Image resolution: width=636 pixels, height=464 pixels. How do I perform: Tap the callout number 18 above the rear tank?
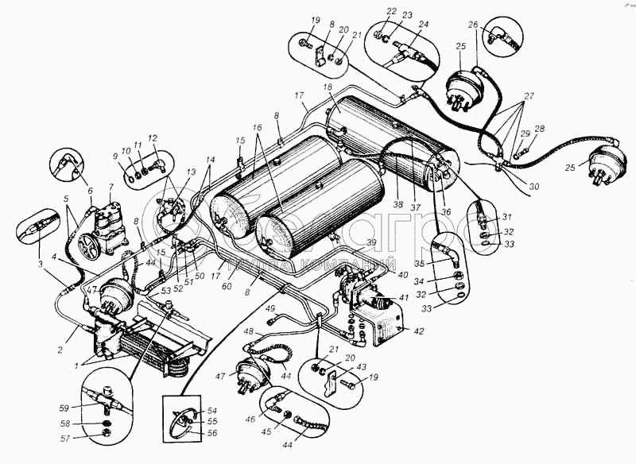(326, 86)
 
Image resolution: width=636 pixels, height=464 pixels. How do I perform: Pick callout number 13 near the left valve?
(190, 172)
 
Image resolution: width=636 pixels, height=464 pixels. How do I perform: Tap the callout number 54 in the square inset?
(212, 410)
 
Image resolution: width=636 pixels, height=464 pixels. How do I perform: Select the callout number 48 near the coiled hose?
(249, 331)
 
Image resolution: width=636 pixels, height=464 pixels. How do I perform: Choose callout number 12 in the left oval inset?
(152, 137)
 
